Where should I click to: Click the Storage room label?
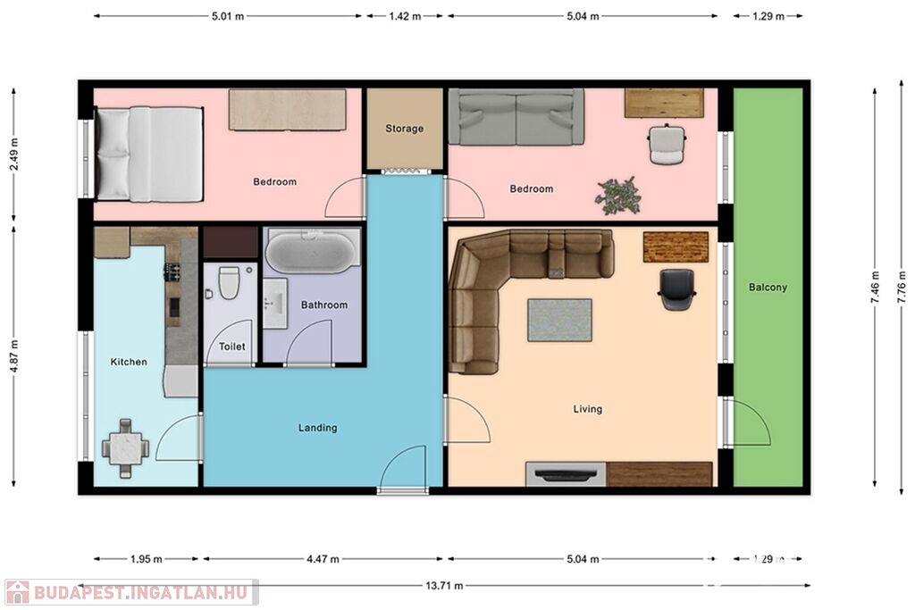pyautogui.click(x=405, y=129)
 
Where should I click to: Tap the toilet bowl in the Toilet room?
pyautogui.click(x=229, y=283)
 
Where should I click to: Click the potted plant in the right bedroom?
pyautogui.click(x=618, y=196)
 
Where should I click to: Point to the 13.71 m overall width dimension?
pyautogui.click(x=444, y=586)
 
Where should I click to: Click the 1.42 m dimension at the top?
pyautogui.click(x=405, y=16)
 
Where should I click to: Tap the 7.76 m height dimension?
pyautogui.click(x=902, y=288)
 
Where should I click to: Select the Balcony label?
pyautogui.click(x=768, y=287)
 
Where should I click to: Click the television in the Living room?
pyautogui.click(x=566, y=474)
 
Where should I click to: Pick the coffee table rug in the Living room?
pyautogui.click(x=559, y=320)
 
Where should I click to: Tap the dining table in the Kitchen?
pyautogui.click(x=125, y=447)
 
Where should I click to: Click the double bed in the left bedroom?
pyautogui.click(x=149, y=155)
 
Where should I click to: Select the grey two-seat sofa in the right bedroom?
pyautogui.click(x=516, y=117)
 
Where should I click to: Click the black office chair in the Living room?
pyautogui.click(x=677, y=289)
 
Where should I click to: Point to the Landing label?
pyautogui.click(x=317, y=428)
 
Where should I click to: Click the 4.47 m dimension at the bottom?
pyautogui.click(x=323, y=559)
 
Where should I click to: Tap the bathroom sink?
pyautogui.click(x=274, y=304)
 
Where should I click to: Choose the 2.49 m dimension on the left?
pyautogui.click(x=14, y=154)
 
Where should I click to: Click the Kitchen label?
pyautogui.click(x=129, y=362)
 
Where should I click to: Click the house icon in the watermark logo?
pyautogui.click(x=18, y=592)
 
